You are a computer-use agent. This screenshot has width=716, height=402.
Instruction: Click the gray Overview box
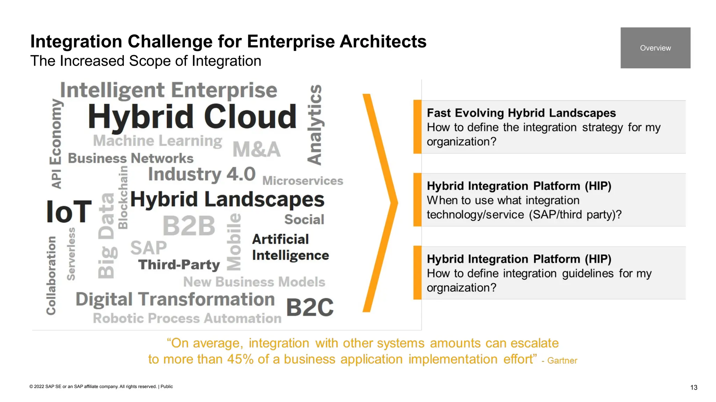[655, 48]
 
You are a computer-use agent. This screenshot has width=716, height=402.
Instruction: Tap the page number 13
[694, 387]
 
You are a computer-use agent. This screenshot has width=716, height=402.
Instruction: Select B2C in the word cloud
[310, 307]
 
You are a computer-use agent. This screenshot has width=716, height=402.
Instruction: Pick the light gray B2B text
[189, 226]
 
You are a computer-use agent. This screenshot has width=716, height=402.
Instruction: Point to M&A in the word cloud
[257, 149]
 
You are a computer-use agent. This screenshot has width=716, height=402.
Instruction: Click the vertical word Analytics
[315, 125]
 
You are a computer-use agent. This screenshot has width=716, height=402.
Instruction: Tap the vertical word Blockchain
[123, 197]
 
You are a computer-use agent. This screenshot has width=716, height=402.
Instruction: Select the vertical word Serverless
[71, 254]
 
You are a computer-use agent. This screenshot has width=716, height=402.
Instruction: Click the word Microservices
[303, 181]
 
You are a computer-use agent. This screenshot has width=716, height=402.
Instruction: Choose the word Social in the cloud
[304, 219]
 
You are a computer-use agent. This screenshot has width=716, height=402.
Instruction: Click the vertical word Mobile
[234, 242]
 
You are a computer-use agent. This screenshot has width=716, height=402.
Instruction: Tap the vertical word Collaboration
[51, 275]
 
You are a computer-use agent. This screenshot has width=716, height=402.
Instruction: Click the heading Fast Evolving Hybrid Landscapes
[521, 113]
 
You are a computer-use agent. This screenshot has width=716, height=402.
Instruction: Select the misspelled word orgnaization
[461, 288]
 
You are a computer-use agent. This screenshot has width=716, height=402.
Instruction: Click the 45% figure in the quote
[240, 359]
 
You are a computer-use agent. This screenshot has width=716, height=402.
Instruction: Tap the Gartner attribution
[562, 361]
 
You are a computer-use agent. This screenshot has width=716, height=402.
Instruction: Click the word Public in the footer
[167, 387]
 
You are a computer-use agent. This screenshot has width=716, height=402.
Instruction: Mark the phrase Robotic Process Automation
[187, 318]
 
